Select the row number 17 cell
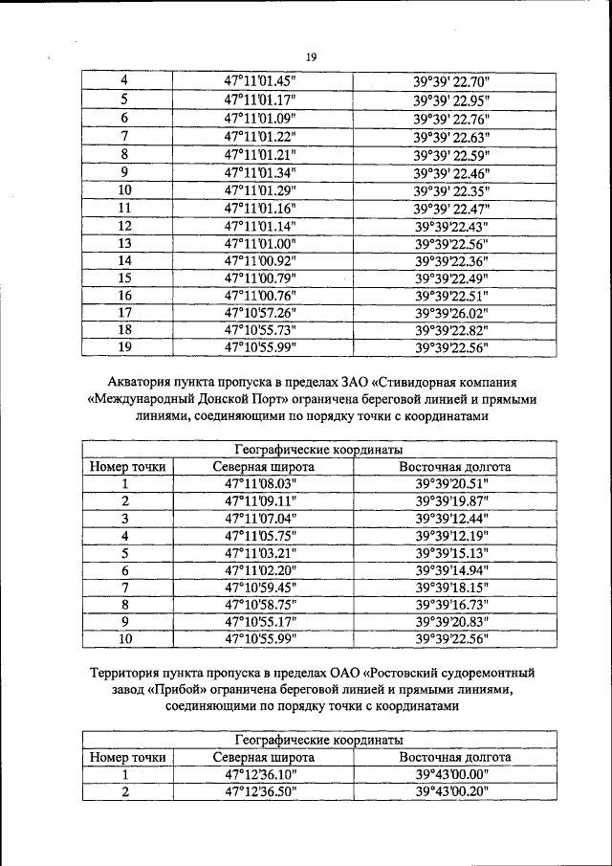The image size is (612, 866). [124, 312]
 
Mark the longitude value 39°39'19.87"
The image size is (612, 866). [452, 501]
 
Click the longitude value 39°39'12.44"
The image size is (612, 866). [452, 519]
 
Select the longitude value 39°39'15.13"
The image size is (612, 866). [452, 553]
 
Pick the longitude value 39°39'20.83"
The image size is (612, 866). [452, 622]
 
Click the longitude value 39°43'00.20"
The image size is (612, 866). [452, 791]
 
